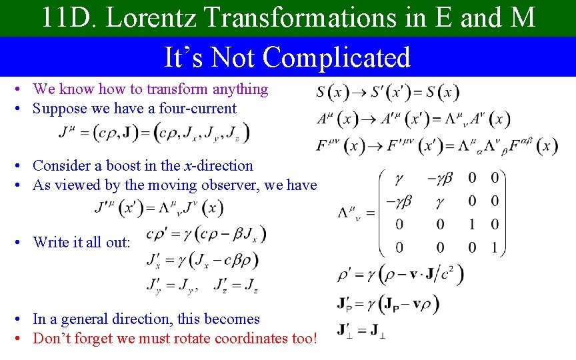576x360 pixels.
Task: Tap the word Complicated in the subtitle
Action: pos(337,57)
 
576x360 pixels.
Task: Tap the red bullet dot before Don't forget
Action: pos(23,339)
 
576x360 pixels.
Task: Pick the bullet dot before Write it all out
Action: pos(23,242)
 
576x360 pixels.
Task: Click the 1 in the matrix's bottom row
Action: pos(494,248)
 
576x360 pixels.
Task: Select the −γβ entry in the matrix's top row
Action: pos(440,178)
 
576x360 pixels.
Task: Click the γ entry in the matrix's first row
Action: pos(399,178)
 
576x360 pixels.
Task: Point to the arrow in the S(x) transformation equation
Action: pos(357,92)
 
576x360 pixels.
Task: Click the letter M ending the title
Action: pos(523,18)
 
